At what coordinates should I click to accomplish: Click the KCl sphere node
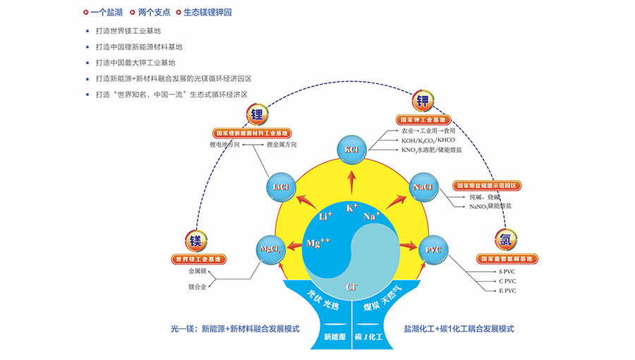pyautogui.click(x=352, y=150)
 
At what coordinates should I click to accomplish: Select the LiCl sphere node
pyautogui.click(x=281, y=187)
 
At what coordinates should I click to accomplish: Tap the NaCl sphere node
pyautogui.click(x=423, y=187)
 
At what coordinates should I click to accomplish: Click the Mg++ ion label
pyautogui.click(x=319, y=244)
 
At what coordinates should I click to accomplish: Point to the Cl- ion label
pyautogui.click(x=351, y=287)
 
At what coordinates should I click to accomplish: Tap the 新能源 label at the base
pyautogui.click(x=335, y=337)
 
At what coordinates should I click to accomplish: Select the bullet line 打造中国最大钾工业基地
pyautogui.click(x=135, y=62)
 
